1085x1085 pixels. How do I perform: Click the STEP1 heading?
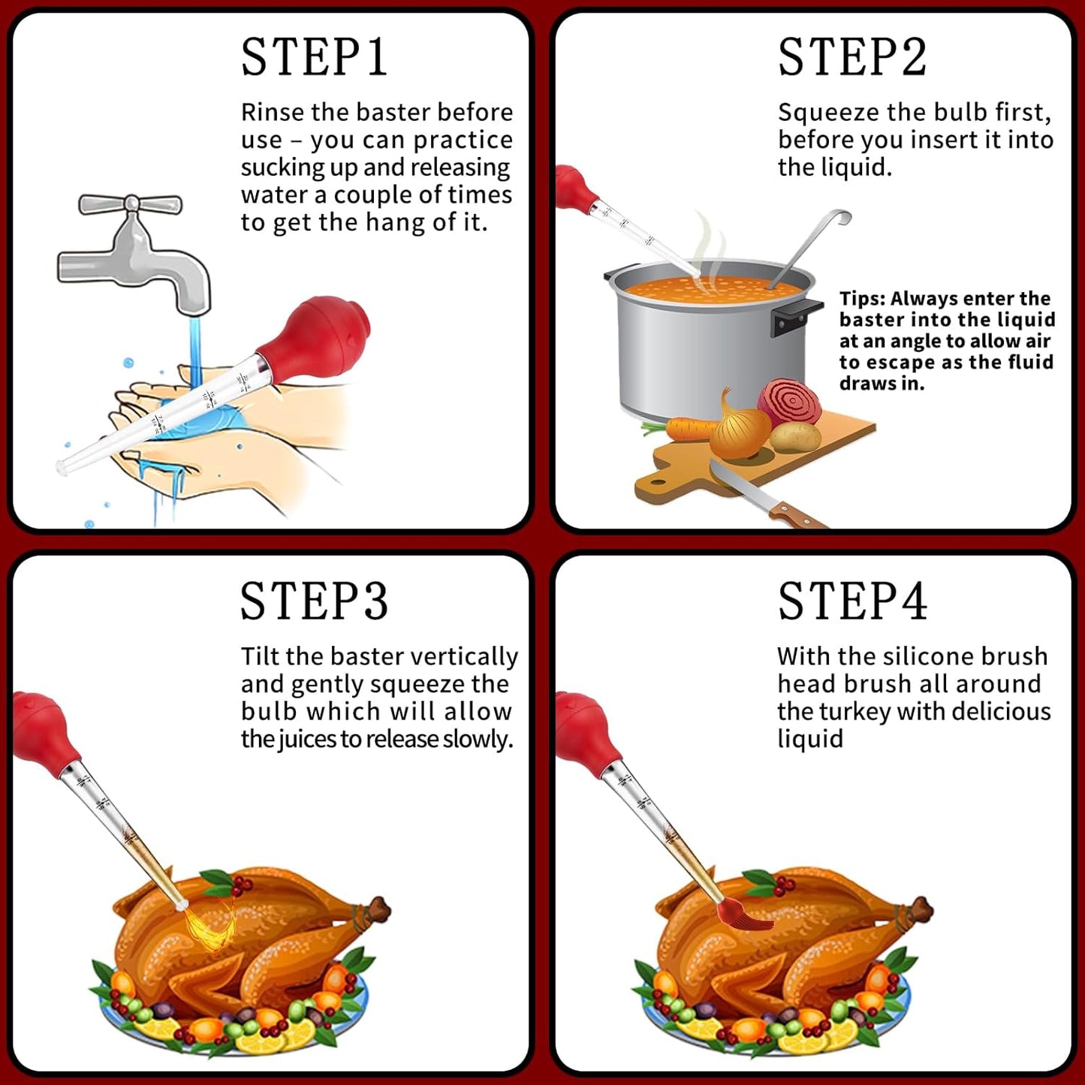[x=314, y=57]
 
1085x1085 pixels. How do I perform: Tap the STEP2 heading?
[x=852, y=57]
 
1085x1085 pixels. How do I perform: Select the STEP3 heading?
[x=314, y=601]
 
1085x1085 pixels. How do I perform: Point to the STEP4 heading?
[x=852, y=601]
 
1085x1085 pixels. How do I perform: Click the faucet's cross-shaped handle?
[x=131, y=203]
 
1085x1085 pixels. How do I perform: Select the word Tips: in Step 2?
[x=863, y=299]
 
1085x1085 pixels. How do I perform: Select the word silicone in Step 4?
[x=924, y=657]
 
